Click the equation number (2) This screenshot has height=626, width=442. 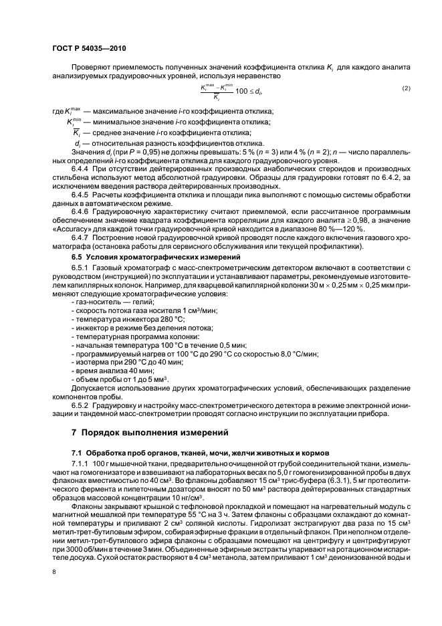[406, 88]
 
